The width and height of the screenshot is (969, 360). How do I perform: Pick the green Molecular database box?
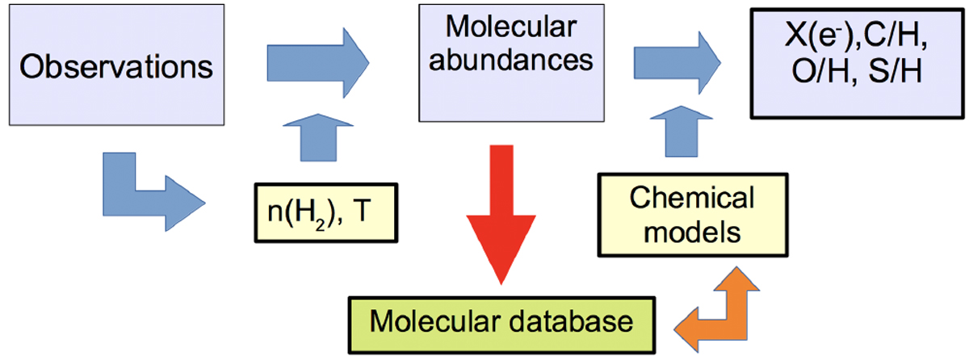[500, 322]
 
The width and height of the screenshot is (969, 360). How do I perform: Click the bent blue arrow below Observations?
[145, 190]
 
